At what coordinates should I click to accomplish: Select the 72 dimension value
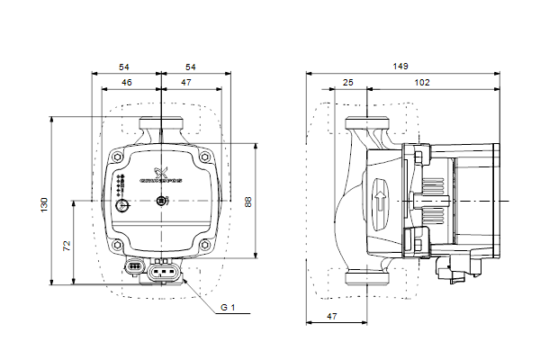point(67,244)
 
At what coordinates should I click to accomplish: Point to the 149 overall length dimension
point(401,67)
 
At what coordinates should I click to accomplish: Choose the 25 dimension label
point(347,83)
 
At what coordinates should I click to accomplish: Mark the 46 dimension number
point(127,83)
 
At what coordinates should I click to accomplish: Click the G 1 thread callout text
point(228,308)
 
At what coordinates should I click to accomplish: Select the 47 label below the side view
point(331,317)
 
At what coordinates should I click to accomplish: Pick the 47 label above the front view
point(185,83)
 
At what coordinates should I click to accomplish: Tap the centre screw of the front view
point(161,201)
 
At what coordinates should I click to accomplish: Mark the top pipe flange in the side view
point(367,126)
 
